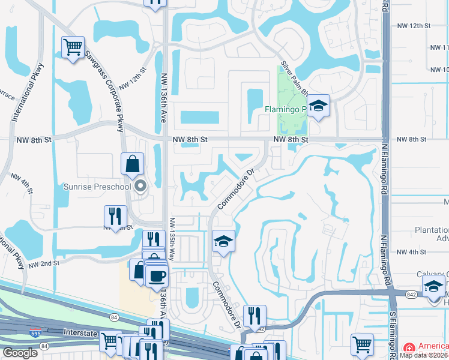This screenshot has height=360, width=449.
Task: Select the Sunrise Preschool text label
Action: [97, 187]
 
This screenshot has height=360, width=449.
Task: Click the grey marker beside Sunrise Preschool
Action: [141, 186]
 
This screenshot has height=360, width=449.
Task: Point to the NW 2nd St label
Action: [44, 263]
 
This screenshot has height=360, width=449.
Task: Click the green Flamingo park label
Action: [286, 109]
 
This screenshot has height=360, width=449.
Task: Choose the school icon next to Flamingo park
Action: [319, 106]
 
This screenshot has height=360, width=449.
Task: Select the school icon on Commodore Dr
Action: [223, 242]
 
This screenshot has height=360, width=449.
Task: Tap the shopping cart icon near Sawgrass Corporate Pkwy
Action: [73, 47]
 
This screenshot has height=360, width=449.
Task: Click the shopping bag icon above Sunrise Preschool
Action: [132, 164]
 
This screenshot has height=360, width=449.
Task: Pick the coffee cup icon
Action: [157, 276]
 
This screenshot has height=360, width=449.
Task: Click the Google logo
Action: [20, 353]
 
